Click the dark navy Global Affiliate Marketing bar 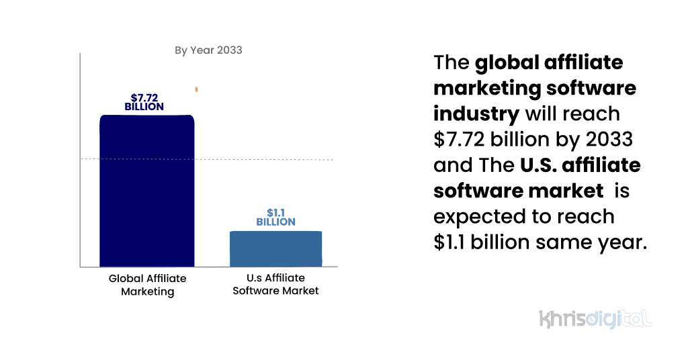coord(147,191)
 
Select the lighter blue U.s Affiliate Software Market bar coord(275,249)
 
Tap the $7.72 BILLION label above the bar coord(144,102)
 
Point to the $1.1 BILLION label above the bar coord(275,217)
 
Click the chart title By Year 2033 coord(208,50)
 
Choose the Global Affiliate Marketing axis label coord(147,285)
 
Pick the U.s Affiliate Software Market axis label coord(275,284)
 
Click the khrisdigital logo coord(595,318)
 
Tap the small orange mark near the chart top coord(196,89)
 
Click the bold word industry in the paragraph coord(476,113)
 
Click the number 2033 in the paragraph coord(609,139)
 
